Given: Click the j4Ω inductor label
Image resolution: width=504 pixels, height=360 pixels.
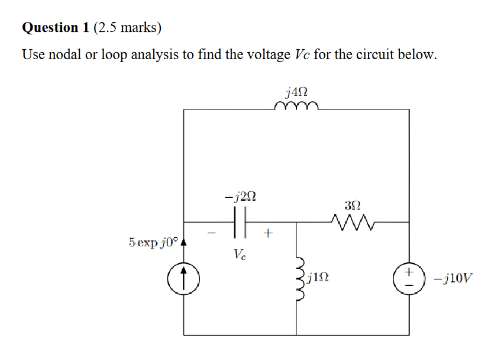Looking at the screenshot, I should click(x=296, y=92).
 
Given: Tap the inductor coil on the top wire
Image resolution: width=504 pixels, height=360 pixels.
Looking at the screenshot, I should click(x=296, y=106).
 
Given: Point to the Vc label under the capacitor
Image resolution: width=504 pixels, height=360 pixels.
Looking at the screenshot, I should click(x=238, y=255).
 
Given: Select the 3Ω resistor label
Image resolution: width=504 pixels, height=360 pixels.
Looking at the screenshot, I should click(x=351, y=205).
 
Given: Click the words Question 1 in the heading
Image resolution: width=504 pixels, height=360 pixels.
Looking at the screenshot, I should click(x=50, y=28).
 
